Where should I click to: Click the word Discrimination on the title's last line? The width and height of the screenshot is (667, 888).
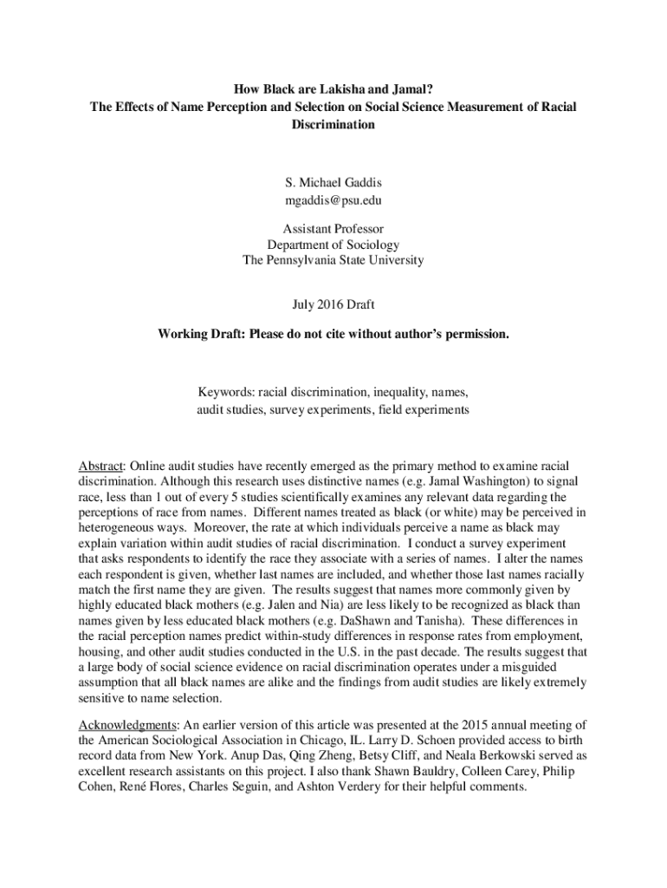tap(333, 124)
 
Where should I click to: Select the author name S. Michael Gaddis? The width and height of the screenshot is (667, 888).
tap(333, 183)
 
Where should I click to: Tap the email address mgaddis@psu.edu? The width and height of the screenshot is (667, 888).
tap(333, 200)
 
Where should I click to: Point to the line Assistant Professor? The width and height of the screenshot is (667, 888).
tap(333, 229)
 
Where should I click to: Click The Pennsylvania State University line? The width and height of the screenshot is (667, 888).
tap(333, 259)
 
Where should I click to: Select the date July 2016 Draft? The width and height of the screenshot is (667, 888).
tap(333, 304)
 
